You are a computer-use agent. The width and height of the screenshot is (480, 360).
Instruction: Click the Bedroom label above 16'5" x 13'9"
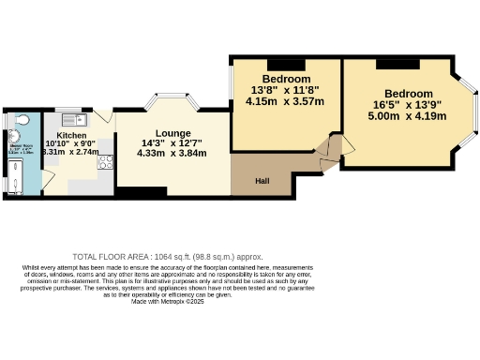click(x=408, y=94)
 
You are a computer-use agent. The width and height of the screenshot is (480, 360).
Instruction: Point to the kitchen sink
click(x=72, y=120)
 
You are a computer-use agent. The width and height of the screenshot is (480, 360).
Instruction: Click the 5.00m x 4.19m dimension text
click(x=408, y=116)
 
